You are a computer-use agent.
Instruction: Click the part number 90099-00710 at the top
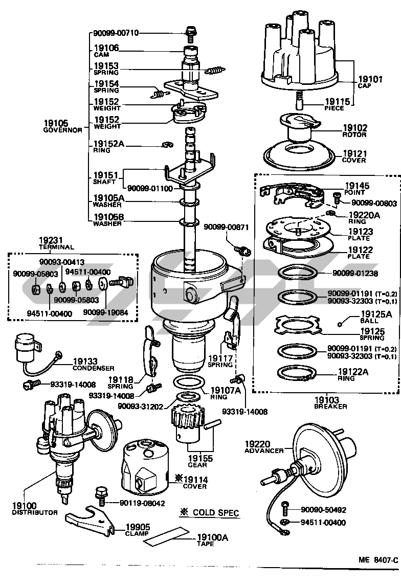coord(116,33)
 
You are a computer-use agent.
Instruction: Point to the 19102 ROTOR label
coord(354,131)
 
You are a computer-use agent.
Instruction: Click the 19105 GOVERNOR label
coord(63,126)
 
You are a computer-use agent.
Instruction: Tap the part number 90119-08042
coord(140,503)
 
